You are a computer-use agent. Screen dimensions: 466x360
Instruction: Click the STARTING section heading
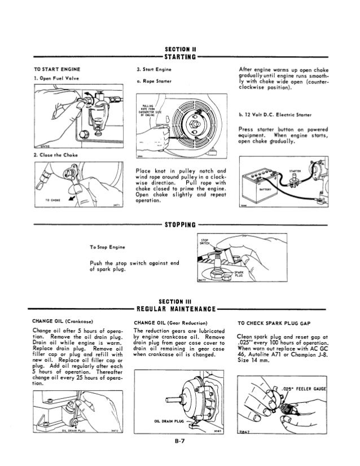(x=179, y=56)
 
